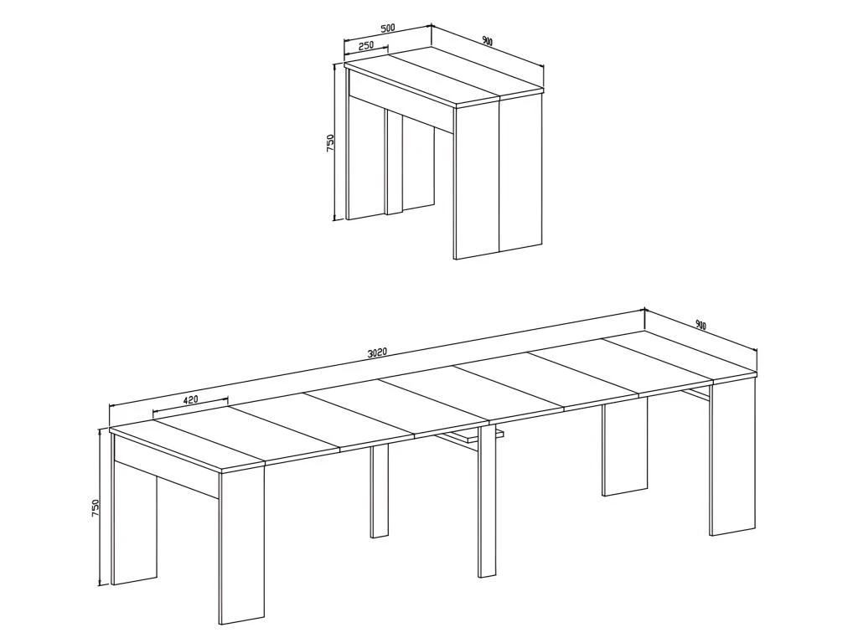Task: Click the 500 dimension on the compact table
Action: pyautogui.click(x=387, y=28)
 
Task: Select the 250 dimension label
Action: pyautogui.click(x=366, y=46)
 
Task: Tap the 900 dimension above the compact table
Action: pyautogui.click(x=487, y=41)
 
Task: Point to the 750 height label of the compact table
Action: pyautogui.click(x=330, y=142)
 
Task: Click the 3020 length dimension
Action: pyautogui.click(x=377, y=352)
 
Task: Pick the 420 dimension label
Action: pyautogui.click(x=190, y=399)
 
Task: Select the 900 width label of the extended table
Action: pyautogui.click(x=700, y=325)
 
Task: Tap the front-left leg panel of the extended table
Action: pyautogui.click(x=241, y=548)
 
